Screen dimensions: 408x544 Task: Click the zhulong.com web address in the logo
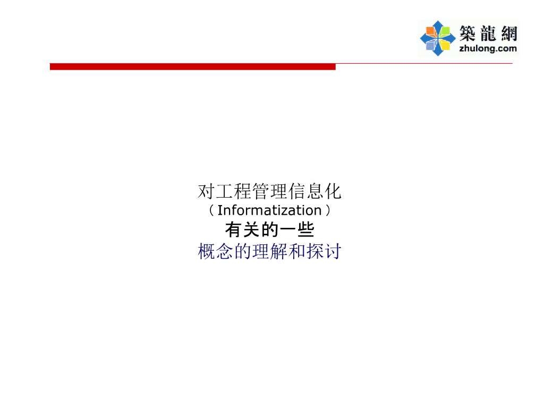pyautogui.click(x=487, y=48)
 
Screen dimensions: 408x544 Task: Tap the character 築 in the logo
pyautogui.click(x=467, y=33)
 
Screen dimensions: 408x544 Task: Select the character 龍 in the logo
pyautogui.click(x=488, y=33)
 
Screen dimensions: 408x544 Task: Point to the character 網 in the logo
pyautogui.click(x=507, y=33)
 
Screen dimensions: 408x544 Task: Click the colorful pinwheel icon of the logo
pyautogui.click(x=437, y=38)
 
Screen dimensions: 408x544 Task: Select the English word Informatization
pyautogui.click(x=269, y=210)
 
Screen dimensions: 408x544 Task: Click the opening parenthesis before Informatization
pyautogui.click(x=211, y=211)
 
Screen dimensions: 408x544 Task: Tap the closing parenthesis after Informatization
pyautogui.click(x=328, y=211)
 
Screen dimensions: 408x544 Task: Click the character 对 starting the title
pyautogui.click(x=206, y=191)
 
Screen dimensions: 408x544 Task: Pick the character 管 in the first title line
pyautogui.click(x=261, y=191)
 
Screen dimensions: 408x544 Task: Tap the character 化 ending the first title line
pyautogui.click(x=334, y=191)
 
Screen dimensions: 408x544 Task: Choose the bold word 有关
pyautogui.click(x=241, y=231)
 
